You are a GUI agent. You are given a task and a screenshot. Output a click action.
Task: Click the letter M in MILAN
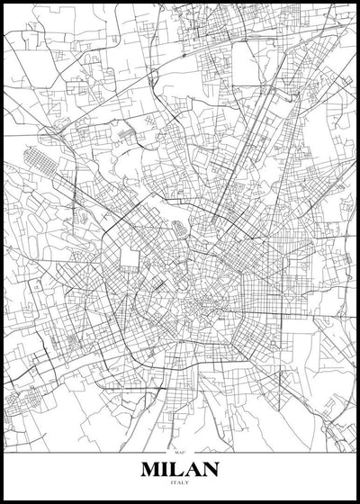click(x=152, y=470)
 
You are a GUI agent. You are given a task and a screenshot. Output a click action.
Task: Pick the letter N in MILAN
click(x=210, y=470)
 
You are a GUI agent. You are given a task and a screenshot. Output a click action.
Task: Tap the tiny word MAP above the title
click(x=180, y=452)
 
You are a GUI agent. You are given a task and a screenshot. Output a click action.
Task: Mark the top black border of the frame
click(x=180, y=2)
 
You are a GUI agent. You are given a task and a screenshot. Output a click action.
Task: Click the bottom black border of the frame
click(x=180, y=501)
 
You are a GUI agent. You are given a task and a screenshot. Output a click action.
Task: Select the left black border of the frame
click(x=2, y=252)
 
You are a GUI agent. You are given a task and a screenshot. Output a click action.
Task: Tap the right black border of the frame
click(x=357, y=252)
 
